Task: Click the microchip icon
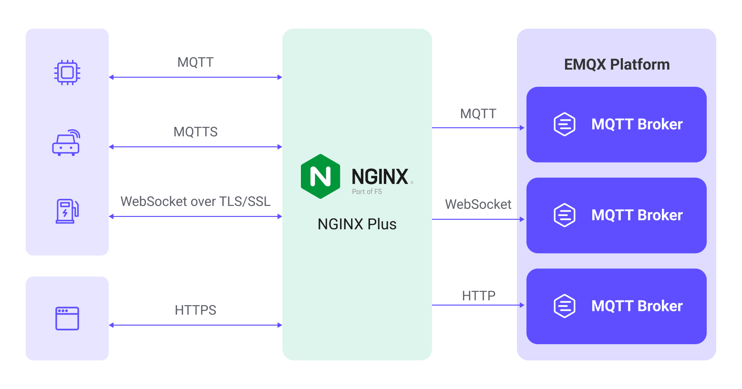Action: (67, 72)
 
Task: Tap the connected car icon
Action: (66, 143)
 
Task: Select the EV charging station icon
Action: (67, 211)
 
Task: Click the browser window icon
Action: (67, 318)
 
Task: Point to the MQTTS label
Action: (196, 132)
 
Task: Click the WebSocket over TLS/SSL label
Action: (196, 202)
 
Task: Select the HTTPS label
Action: (196, 310)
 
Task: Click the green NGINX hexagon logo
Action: (320, 176)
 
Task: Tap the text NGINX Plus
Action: (357, 224)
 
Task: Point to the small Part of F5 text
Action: (367, 192)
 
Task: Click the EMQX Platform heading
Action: (617, 64)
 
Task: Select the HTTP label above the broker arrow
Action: (479, 296)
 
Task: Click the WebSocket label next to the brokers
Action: (478, 205)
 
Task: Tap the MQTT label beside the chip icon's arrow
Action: (196, 62)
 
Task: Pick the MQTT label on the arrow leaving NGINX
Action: (478, 114)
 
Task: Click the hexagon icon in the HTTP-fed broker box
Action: (565, 306)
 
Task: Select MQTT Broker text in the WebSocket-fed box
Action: (637, 215)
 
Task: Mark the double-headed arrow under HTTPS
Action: (196, 325)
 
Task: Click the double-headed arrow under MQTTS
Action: (196, 147)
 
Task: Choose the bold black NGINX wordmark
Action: (380, 177)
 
